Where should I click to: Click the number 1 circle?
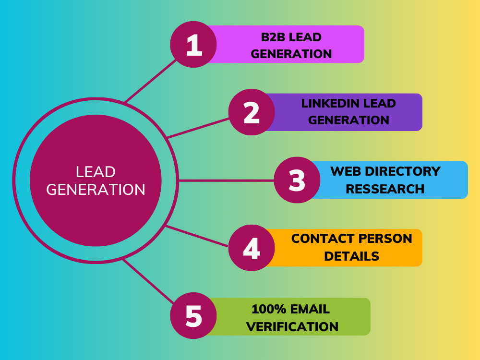[x=193, y=44]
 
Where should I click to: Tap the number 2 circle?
[x=252, y=112]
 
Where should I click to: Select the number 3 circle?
[x=297, y=180]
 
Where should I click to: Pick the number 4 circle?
[x=252, y=248]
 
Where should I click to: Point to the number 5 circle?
[x=193, y=316]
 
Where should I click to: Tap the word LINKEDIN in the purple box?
[x=329, y=103]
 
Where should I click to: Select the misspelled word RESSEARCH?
[x=385, y=189]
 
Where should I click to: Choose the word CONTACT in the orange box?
[x=323, y=239]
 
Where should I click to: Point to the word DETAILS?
[x=352, y=256]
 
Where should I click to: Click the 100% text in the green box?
[x=269, y=309]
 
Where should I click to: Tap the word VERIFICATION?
[x=292, y=326]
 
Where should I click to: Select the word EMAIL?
[x=310, y=309]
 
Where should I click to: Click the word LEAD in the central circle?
[x=96, y=172]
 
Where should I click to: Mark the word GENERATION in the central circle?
[x=96, y=190]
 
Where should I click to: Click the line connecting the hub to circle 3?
[x=226, y=180]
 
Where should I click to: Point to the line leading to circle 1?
[x=151, y=81]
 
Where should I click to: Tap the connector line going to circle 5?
[x=148, y=281]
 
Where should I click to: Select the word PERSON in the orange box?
[x=385, y=239]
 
